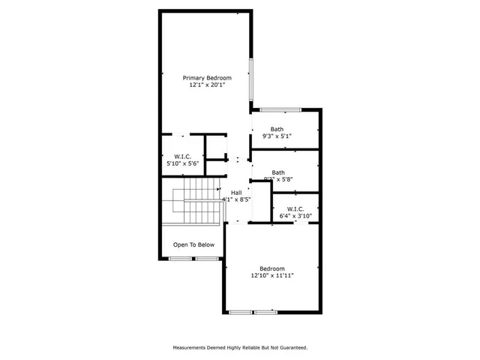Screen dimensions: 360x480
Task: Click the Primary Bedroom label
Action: pos(208,78)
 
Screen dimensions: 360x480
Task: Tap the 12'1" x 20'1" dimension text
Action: pos(208,85)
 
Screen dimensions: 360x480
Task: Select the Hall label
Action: pos(236,192)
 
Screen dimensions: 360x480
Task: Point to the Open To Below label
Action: pos(194,244)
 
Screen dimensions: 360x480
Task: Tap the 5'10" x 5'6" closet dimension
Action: pos(183,163)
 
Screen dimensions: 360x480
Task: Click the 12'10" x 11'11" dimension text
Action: pos(272,276)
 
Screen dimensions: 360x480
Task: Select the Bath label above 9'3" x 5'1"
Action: pos(277,129)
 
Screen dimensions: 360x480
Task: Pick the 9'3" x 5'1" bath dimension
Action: pos(277,136)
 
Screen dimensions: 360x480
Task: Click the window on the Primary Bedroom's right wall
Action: pos(251,79)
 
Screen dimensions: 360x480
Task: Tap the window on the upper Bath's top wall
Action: pos(280,110)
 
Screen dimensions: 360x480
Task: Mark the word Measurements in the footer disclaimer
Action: pos(191,347)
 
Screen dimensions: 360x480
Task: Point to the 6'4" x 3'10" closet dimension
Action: pos(295,216)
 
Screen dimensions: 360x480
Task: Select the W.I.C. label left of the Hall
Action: pos(183,156)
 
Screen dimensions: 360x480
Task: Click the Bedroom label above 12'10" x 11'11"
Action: pos(272,268)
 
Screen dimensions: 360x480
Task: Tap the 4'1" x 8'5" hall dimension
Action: pos(236,199)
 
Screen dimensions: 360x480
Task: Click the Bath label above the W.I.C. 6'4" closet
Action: pos(278,172)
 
